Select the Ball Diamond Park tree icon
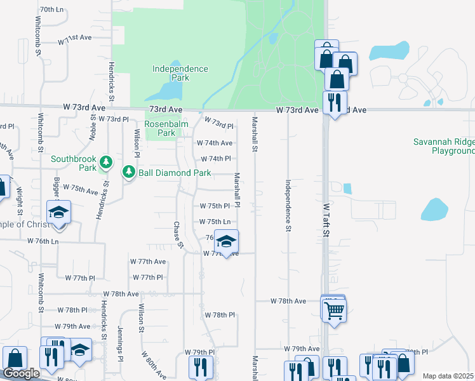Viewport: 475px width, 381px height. point(129,172)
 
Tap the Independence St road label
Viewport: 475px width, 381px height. point(288,204)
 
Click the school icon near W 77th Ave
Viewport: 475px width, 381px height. point(225,242)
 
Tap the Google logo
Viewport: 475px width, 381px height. point(21,373)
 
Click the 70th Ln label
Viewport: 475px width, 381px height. point(51,10)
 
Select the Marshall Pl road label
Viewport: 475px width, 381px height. point(237,190)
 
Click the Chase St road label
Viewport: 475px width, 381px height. point(178,235)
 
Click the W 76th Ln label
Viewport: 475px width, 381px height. point(43,241)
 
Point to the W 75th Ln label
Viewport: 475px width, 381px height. point(215,222)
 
